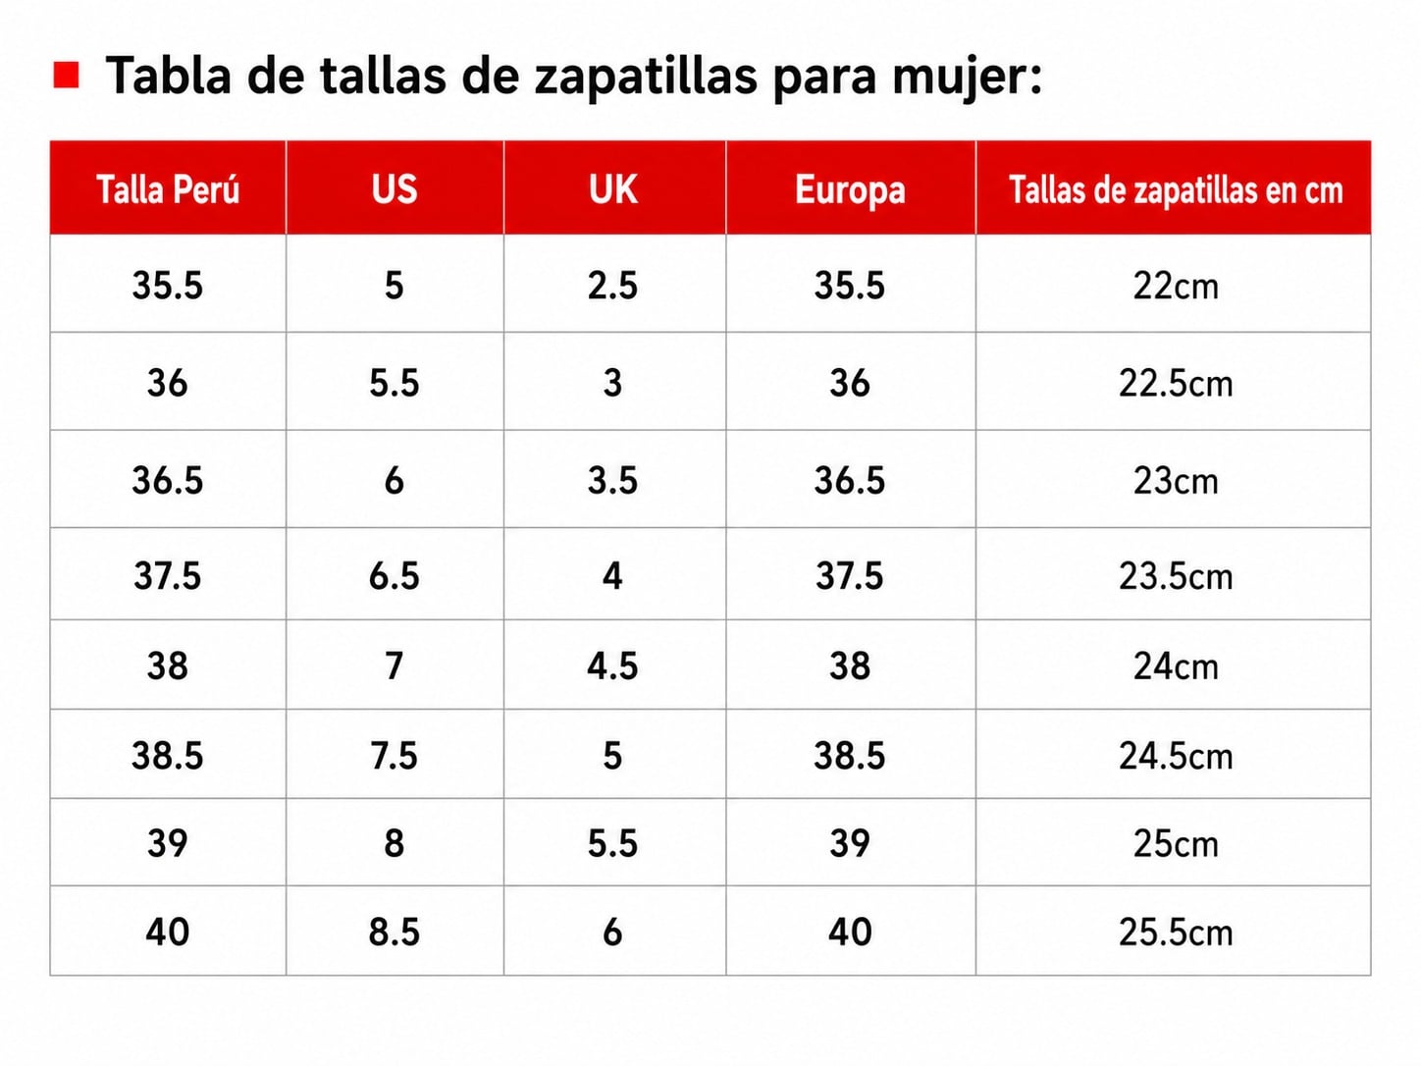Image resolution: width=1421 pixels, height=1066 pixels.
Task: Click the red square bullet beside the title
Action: click(66, 75)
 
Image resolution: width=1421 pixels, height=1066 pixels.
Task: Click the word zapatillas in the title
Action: click(646, 77)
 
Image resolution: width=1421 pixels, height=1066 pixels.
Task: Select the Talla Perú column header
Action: click(168, 189)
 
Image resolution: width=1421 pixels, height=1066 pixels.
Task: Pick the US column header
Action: click(395, 189)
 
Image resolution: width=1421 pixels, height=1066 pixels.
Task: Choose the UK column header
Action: click(613, 189)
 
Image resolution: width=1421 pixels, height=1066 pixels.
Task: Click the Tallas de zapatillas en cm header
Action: click(1176, 190)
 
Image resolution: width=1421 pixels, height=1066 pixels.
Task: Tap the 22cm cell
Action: click(1176, 286)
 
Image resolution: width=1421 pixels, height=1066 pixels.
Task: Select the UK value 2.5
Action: click(612, 286)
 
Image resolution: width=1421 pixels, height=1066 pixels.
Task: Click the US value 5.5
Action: click(395, 383)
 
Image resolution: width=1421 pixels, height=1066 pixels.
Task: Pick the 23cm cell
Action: click(1176, 481)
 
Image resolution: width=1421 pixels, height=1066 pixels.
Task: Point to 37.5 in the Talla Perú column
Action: click(168, 575)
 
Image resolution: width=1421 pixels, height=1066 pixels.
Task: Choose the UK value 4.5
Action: click(612, 666)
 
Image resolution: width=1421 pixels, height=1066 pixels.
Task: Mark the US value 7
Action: click(395, 666)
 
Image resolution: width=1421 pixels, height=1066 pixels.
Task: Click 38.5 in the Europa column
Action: click(850, 755)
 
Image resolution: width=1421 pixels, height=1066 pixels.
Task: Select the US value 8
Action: click(395, 843)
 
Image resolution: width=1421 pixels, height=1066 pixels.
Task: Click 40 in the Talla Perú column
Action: click(168, 933)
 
